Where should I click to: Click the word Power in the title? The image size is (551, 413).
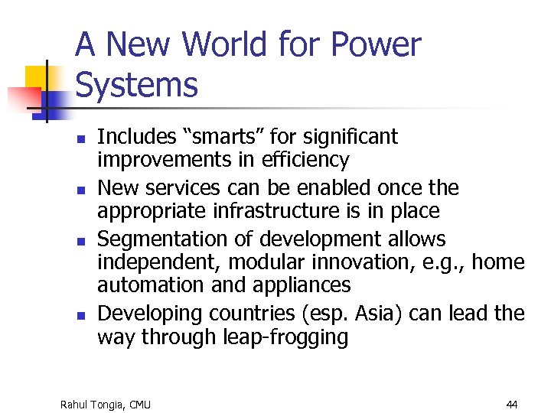point(374,44)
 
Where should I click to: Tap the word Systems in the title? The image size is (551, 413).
point(137,84)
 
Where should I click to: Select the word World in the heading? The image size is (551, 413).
point(227,44)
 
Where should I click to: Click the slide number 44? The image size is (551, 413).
point(512,404)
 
